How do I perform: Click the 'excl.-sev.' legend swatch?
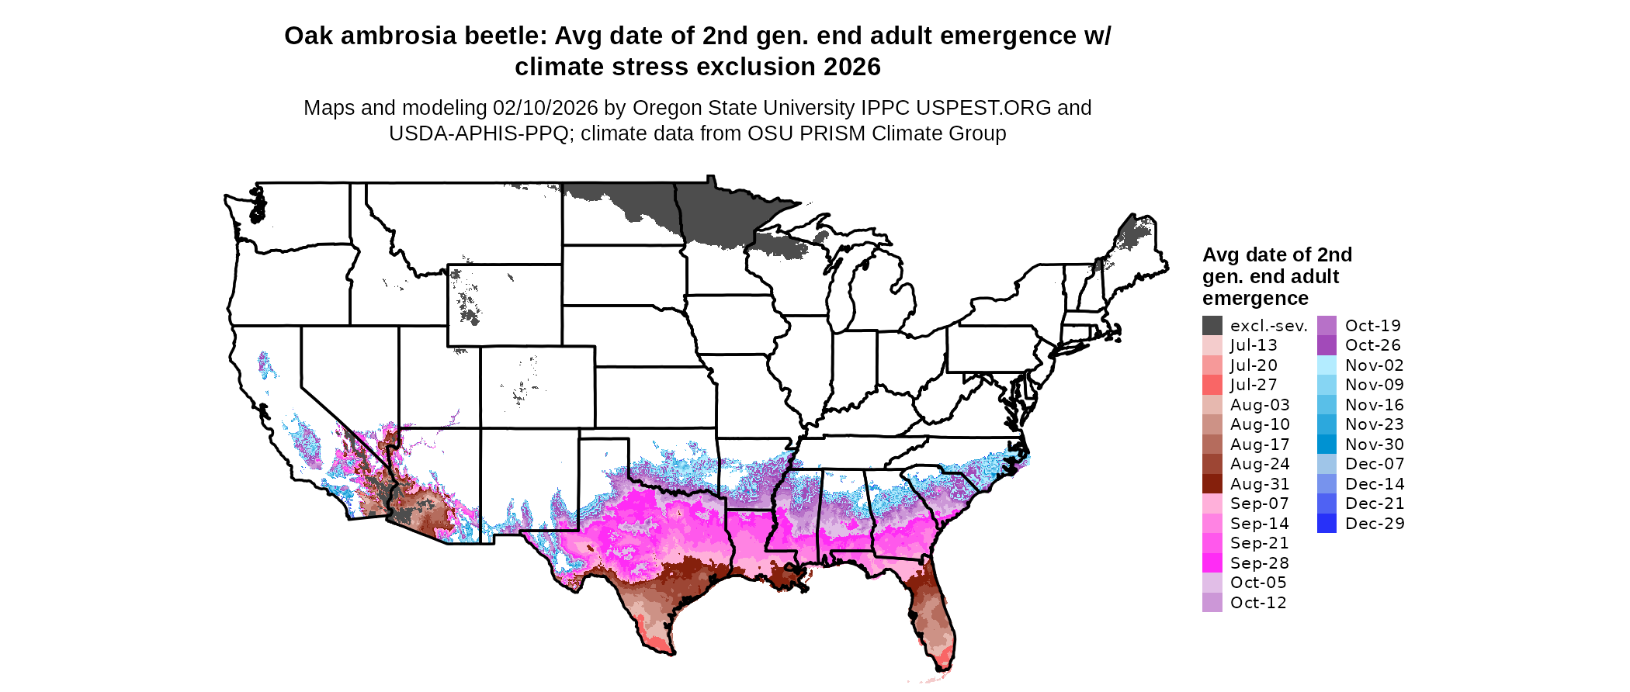coord(1212,326)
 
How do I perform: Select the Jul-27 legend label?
coord(1254,385)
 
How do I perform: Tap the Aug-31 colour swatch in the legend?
coord(1212,484)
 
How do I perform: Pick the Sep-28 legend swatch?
coord(1212,563)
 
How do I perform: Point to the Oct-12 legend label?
coord(1258,603)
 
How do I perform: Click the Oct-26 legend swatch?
coord(1327,345)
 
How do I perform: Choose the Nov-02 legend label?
coord(1374,365)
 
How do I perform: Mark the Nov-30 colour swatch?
coord(1327,445)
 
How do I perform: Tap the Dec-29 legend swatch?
coord(1327,524)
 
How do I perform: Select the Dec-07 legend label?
coord(1374,464)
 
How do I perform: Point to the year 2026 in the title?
coord(852,67)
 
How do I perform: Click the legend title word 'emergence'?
coord(1255,299)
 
